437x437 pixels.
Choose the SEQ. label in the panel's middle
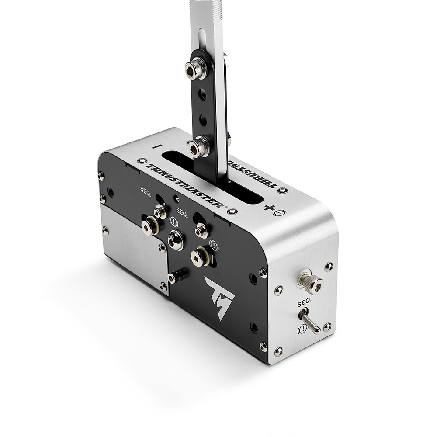pos(182,215)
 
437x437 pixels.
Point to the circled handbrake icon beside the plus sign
pos(281,213)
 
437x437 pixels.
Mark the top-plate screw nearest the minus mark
pos(142,160)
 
